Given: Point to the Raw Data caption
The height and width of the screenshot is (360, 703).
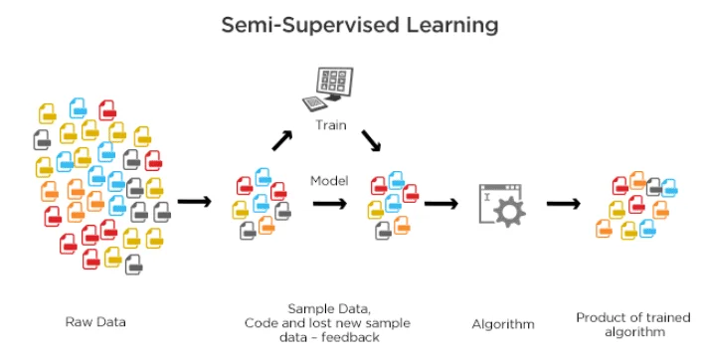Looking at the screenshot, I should (x=95, y=321).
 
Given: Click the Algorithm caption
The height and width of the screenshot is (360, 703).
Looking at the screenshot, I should (x=502, y=323).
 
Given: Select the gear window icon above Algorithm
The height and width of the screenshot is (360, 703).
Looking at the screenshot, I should (x=502, y=205).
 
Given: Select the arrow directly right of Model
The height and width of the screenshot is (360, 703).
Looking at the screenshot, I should (x=330, y=203).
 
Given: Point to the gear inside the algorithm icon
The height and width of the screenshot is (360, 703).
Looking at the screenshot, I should (x=510, y=212).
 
